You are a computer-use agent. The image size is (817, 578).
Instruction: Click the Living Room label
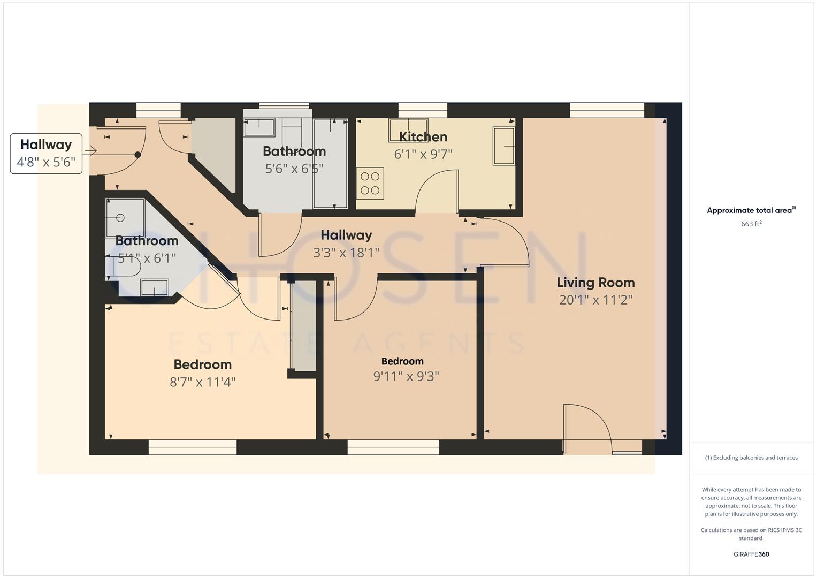(595, 283)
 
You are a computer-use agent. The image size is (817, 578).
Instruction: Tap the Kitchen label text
(423, 137)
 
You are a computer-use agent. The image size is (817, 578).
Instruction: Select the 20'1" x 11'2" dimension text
(595, 300)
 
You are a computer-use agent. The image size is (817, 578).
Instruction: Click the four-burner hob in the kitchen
(370, 183)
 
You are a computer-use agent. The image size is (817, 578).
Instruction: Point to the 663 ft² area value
(751, 224)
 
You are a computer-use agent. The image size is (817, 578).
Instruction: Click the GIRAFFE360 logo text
(751, 554)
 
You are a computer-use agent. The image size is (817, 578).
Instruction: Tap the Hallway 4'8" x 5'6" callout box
(46, 154)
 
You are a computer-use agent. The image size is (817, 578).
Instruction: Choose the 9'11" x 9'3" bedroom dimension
(406, 377)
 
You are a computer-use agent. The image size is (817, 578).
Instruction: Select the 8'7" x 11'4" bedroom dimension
(202, 382)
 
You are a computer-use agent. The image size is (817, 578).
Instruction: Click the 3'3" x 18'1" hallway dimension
(346, 253)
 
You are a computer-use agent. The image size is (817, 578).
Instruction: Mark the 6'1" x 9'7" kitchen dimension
(423, 155)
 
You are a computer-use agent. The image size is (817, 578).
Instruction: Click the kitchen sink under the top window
(408, 130)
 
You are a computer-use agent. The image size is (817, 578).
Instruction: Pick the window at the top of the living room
(607, 110)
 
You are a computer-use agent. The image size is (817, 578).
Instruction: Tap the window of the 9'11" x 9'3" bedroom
(393, 447)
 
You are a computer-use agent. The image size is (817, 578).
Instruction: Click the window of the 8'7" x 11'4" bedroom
(193, 447)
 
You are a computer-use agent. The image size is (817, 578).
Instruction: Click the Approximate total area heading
(751, 210)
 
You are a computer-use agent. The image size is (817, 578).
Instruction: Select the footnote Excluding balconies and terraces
(751, 458)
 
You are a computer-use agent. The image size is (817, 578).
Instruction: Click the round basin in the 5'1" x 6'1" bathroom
(120, 218)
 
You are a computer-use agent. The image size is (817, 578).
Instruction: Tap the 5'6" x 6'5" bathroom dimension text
(294, 169)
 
